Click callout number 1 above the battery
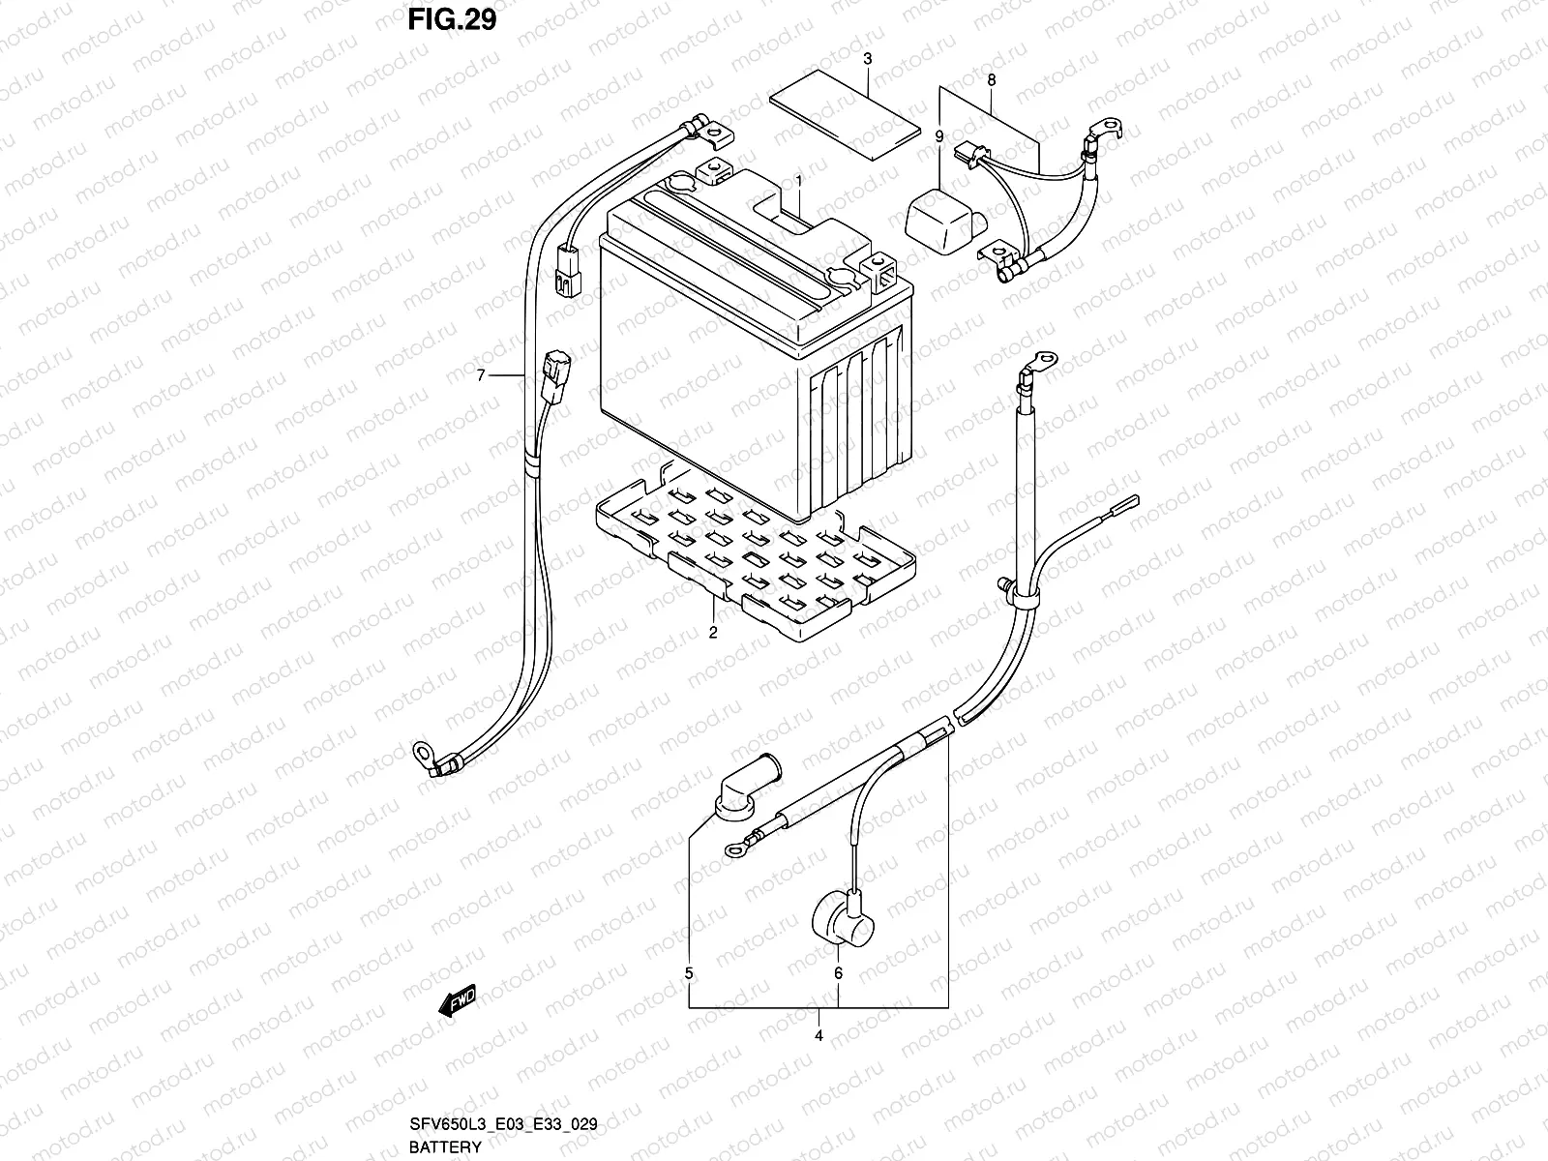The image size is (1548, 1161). click(x=799, y=181)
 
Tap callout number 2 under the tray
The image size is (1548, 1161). click(x=713, y=634)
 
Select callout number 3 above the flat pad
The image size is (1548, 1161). click(x=868, y=59)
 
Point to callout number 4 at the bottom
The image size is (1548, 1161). click(x=819, y=1036)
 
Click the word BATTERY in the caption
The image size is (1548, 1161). click(x=445, y=1147)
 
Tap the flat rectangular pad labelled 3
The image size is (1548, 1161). click(x=845, y=114)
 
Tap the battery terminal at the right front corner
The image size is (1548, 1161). click(x=883, y=272)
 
